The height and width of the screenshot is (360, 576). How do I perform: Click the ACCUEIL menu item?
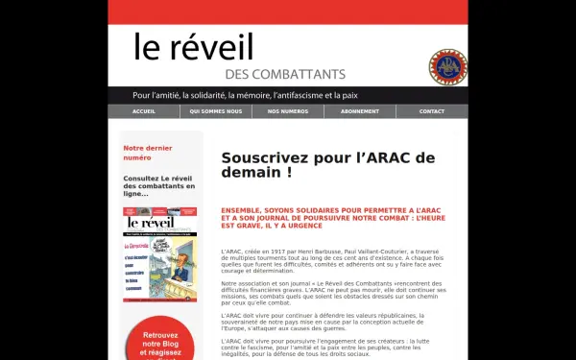coord(143,111)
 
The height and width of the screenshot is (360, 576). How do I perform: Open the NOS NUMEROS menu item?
coord(287,111)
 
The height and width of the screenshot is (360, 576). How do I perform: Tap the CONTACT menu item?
coord(432,111)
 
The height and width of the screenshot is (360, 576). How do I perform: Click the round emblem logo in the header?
coord(447,65)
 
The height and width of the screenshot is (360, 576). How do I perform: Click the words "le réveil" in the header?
coord(193,47)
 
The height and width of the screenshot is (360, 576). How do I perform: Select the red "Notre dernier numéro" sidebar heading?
coord(147,153)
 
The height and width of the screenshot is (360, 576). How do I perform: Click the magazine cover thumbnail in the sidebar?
coord(159,254)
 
